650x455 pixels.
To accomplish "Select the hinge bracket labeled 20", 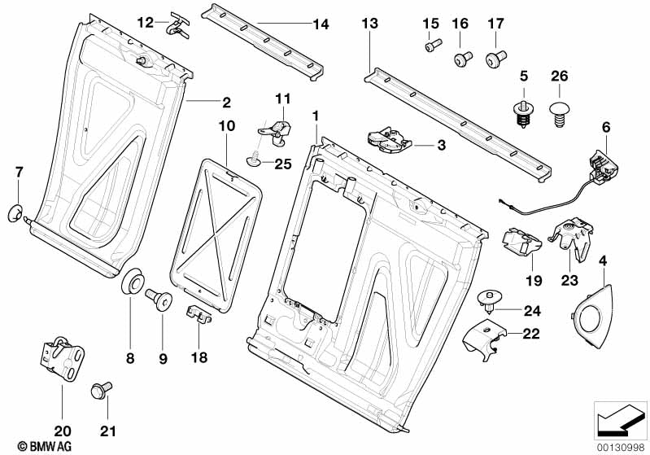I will [60, 356].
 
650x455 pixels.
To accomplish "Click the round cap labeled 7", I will [15, 213].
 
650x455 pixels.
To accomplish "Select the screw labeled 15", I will [431, 46].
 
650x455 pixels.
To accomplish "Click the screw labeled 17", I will [495, 56].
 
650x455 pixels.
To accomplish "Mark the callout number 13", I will [369, 24].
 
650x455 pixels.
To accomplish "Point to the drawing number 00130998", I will [622, 445].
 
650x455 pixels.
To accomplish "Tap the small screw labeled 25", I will [255, 162].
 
